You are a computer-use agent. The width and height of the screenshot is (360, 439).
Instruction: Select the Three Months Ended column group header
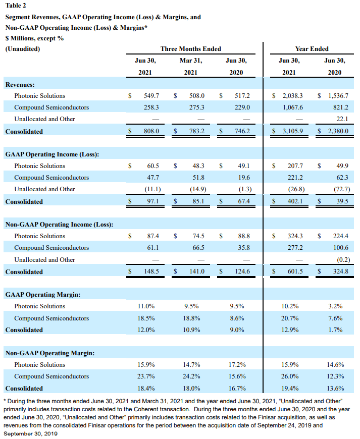click(x=190, y=49)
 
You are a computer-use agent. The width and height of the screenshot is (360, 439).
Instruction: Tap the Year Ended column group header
click(x=312, y=49)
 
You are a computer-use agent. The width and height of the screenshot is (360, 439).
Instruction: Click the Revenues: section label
click(x=20, y=84)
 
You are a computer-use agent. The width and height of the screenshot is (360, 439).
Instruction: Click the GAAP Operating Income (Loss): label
click(x=52, y=154)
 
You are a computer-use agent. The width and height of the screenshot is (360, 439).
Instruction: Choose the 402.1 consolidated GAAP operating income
click(x=294, y=201)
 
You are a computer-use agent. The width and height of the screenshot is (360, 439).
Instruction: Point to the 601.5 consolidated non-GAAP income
click(x=294, y=271)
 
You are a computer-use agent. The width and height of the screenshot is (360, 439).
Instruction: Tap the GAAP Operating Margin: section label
click(x=44, y=294)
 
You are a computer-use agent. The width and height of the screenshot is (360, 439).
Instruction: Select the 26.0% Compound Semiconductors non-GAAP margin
click(x=288, y=376)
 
